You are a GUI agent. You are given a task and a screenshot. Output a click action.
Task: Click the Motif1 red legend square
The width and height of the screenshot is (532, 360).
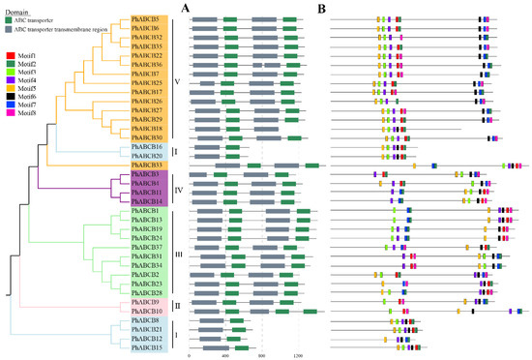10,57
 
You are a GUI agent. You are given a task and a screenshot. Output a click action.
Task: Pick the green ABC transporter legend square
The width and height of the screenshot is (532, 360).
10,18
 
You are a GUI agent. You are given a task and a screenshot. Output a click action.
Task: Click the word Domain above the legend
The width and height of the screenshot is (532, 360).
18,7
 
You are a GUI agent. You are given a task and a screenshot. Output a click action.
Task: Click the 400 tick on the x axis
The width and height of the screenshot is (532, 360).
225,356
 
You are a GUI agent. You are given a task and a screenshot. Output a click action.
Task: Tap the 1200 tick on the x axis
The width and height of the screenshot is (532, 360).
299,356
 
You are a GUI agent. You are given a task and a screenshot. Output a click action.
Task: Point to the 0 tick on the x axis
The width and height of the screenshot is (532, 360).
190,356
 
